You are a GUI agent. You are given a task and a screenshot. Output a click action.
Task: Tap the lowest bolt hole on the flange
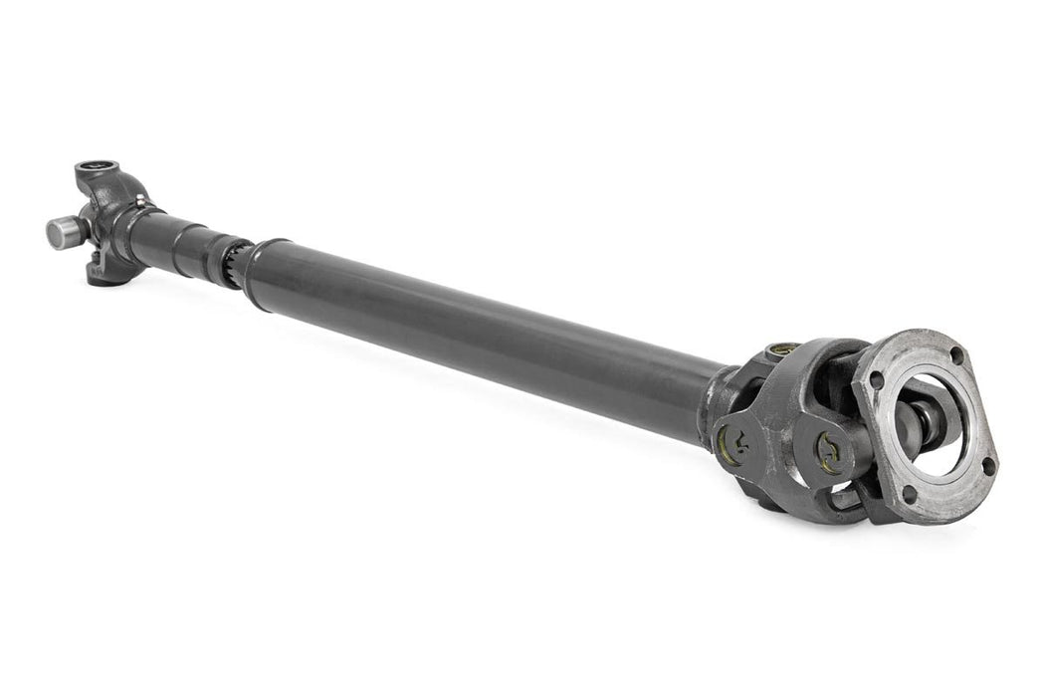907,493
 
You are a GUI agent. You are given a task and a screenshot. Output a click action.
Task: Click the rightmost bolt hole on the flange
987,464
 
